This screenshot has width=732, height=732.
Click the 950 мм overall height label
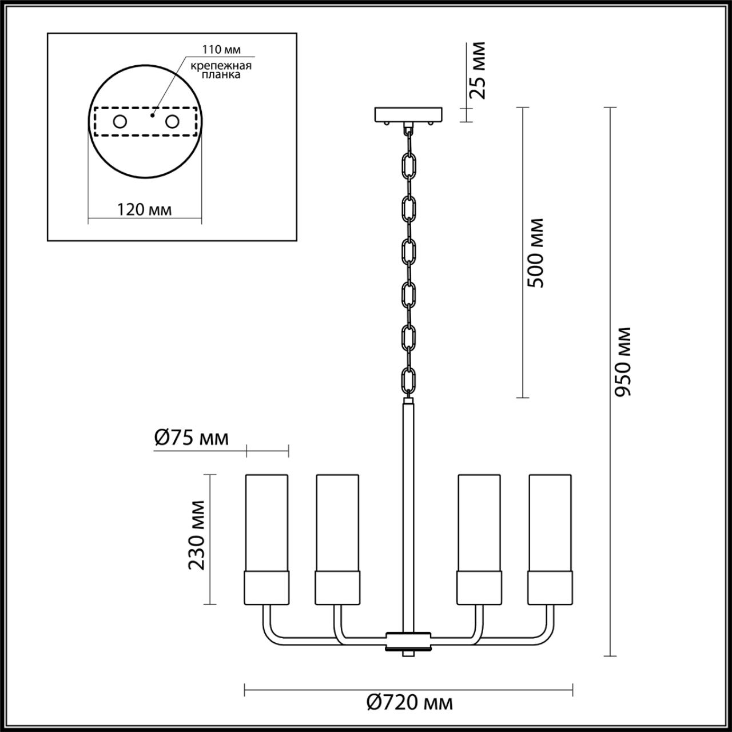pos(622,362)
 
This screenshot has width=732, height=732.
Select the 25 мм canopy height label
pos(477,70)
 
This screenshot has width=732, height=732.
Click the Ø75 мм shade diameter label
pos(192,438)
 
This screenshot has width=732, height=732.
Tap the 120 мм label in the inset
pos(144,209)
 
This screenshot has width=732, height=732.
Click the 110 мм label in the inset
pos(221,49)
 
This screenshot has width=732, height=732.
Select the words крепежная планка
pos(221,70)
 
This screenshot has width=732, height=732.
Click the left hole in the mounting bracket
pos(120,122)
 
